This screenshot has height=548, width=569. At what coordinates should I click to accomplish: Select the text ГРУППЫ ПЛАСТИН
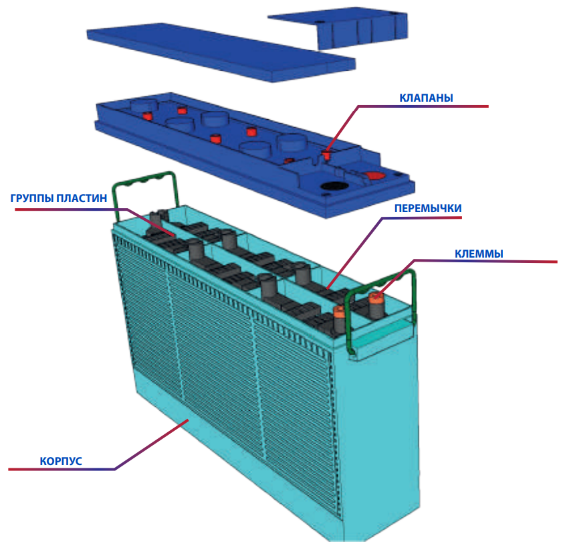point(58,199)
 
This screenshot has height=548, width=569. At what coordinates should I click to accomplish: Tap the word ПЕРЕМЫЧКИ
point(428,208)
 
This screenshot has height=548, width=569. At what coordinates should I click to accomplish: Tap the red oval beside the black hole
point(372,175)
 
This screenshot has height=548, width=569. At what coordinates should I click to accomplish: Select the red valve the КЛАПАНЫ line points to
point(326,155)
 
